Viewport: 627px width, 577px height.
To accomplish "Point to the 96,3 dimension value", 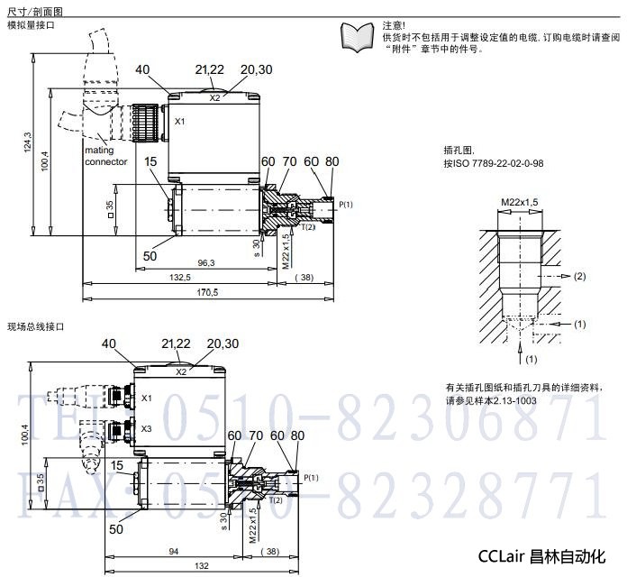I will point(206,262).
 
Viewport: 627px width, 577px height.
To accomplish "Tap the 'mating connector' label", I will point(106,156).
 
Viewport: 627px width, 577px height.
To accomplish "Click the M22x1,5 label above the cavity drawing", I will point(519,201).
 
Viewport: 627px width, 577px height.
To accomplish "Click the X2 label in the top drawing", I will point(214,97).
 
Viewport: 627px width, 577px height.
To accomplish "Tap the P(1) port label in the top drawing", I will point(346,206).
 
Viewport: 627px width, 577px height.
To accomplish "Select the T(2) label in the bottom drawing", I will point(277,499).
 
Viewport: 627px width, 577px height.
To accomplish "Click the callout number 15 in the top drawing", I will point(150,161).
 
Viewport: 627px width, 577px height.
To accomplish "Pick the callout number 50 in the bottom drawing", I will point(116,529).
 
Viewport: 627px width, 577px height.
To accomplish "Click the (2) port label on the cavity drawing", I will point(580,275).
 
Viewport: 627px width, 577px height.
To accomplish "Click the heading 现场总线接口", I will point(36,325).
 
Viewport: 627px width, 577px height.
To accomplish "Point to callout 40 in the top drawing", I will point(143,69).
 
